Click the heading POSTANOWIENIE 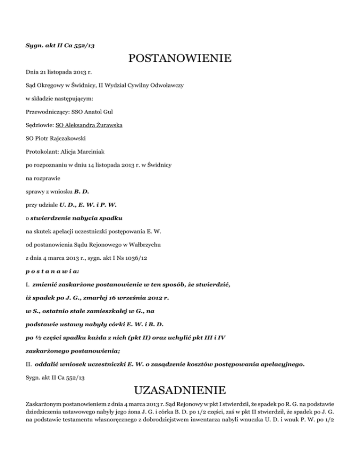pos(180,59)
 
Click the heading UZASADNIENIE pos(180,390)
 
